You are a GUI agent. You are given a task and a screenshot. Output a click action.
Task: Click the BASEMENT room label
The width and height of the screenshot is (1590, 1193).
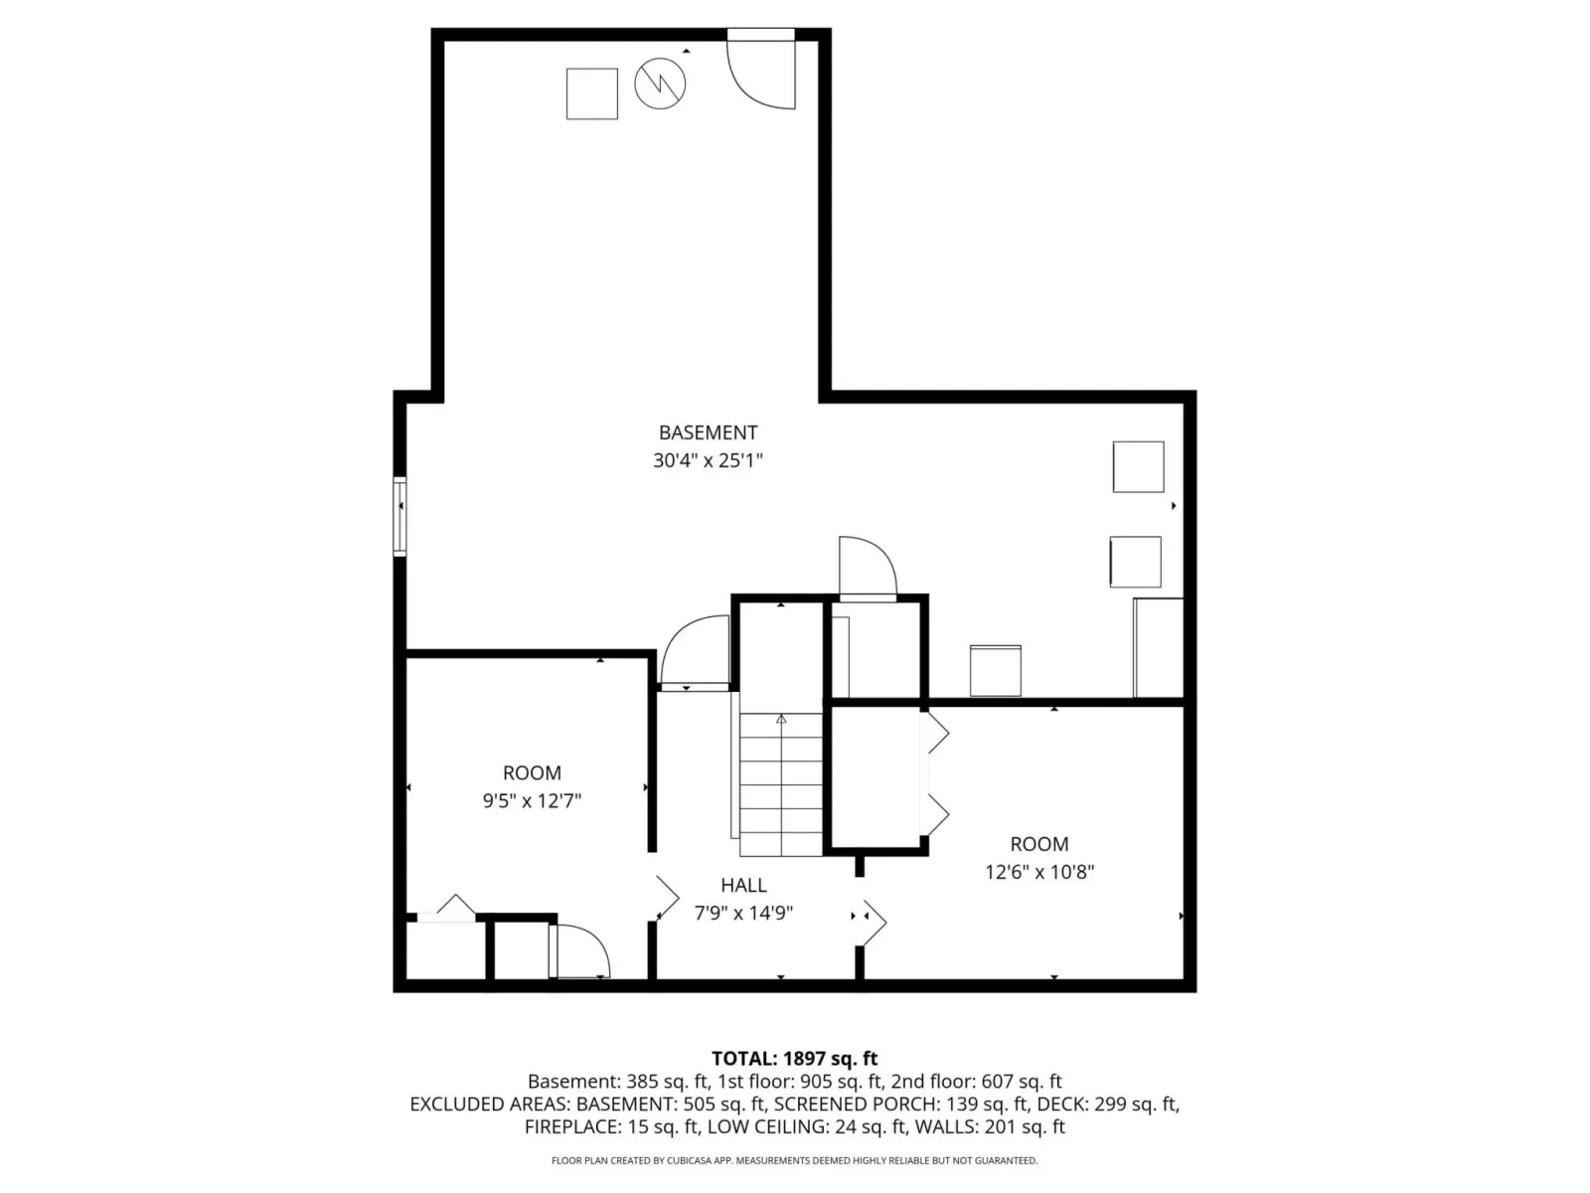[x=708, y=432]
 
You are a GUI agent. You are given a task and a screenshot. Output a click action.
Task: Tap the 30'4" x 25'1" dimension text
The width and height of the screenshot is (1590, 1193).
[x=708, y=460]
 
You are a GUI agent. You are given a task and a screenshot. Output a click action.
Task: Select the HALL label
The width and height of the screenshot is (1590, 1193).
[x=743, y=885]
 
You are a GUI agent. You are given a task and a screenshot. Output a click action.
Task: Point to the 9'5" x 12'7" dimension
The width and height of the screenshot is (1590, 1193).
[x=532, y=800]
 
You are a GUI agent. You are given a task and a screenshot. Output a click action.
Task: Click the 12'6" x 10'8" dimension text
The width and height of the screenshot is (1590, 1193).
[x=1038, y=872]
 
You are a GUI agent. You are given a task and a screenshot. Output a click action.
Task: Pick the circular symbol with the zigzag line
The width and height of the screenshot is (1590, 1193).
[x=660, y=85]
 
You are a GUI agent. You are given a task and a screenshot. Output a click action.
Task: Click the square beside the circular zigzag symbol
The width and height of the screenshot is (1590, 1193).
[x=592, y=94]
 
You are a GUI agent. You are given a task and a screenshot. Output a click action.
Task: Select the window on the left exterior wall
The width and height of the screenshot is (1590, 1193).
[x=399, y=516]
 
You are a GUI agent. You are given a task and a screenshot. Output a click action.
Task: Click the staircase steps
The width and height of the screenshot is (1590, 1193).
[x=781, y=784]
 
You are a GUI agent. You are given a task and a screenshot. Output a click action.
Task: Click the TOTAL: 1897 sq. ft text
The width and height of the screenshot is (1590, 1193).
[x=795, y=1058]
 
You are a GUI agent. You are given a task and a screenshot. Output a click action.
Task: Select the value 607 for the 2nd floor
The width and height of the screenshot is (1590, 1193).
[x=997, y=1082]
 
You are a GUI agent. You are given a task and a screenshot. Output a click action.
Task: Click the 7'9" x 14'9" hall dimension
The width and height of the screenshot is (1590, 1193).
[x=743, y=913]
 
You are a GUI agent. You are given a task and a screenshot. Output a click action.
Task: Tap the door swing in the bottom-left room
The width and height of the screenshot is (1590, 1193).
[x=579, y=951]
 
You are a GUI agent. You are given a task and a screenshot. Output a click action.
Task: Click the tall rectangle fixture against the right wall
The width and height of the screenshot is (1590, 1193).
[x=1159, y=648]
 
